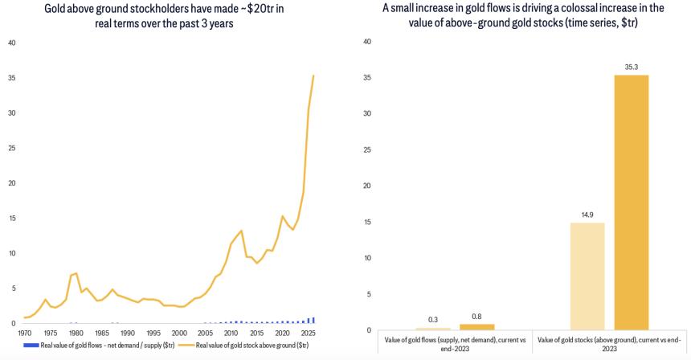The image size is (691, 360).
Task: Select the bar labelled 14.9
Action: (x=587, y=276)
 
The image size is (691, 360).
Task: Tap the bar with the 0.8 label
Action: (x=476, y=326)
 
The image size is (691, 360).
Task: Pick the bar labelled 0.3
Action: (x=433, y=329)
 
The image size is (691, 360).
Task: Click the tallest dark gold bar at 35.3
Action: (x=631, y=202)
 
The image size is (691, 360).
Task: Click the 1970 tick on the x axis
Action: (x=25, y=332)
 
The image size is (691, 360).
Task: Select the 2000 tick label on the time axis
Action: (x=179, y=332)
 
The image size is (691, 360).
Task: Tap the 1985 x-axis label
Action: (x=102, y=332)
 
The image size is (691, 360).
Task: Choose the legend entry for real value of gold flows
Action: (x=96, y=345)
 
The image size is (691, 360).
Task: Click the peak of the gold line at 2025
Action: (x=313, y=76)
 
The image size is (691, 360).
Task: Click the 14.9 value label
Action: (x=587, y=215)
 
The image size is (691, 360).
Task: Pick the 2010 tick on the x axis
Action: (x=231, y=332)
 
